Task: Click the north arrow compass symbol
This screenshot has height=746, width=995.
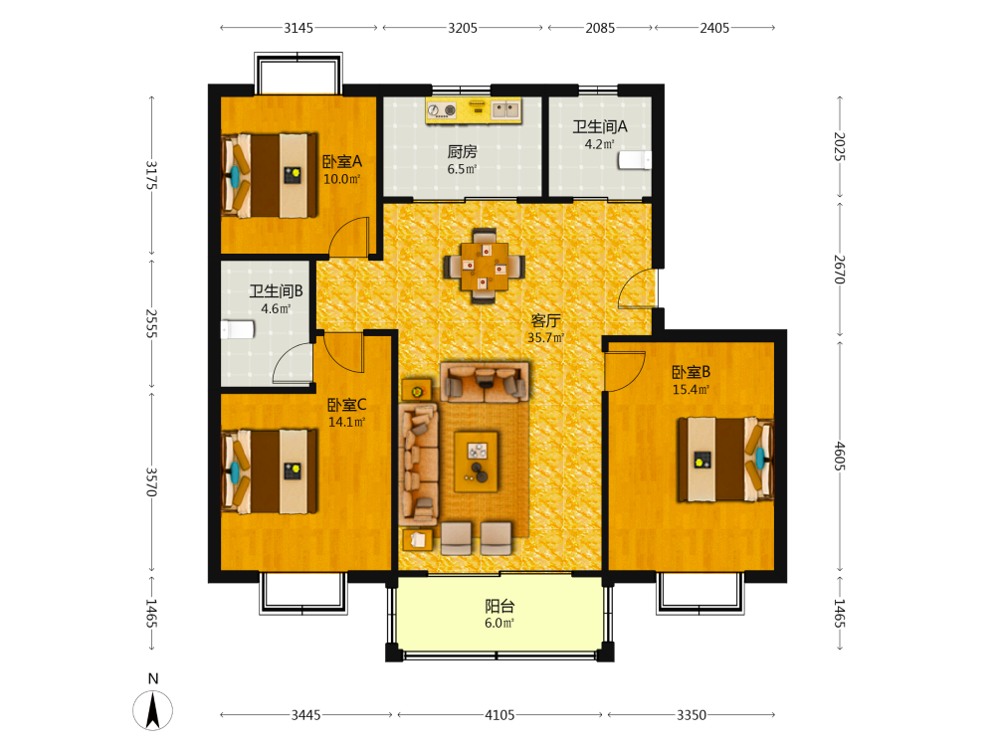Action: [x=152, y=710]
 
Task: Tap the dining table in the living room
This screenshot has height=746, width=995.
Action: [x=485, y=266]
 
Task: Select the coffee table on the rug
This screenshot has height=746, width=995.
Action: [x=477, y=462]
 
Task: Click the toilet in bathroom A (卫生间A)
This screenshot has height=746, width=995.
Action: [x=635, y=160]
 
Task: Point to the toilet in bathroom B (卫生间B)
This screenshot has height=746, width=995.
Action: [x=238, y=330]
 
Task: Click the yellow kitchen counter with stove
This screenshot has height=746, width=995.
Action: [x=474, y=110]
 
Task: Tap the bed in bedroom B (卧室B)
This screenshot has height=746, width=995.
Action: [x=726, y=460]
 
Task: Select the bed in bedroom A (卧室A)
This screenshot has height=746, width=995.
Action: [x=269, y=175]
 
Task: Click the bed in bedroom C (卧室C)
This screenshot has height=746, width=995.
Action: [x=269, y=471]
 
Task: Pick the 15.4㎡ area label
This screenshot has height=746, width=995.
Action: [x=691, y=390]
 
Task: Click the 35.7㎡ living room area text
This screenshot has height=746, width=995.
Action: [x=545, y=337]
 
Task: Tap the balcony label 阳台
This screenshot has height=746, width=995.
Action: [x=499, y=606]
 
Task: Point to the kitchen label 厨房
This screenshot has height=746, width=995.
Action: [x=462, y=151]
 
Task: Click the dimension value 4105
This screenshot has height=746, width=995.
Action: [x=500, y=715]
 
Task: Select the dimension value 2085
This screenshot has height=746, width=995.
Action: [x=600, y=28]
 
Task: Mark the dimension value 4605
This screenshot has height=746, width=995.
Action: [x=840, y=457]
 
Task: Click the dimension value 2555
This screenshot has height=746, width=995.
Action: [x=151, y=323]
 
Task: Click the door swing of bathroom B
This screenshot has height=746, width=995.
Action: [x=293, y=363]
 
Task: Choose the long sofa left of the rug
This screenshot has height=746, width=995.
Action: [x=418, y=465]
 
